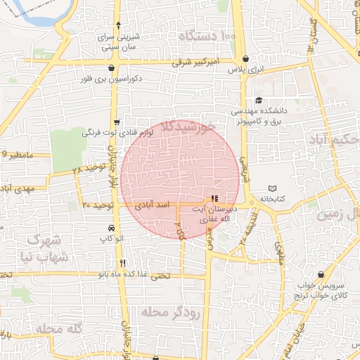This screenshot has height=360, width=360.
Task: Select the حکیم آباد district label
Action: click(x=333, y=139)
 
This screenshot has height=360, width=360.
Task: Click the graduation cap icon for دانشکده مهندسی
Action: click(x=259, y=101)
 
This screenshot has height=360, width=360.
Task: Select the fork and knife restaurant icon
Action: click(x=122, y=263)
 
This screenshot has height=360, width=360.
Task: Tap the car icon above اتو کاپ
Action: click(x=112, y=229)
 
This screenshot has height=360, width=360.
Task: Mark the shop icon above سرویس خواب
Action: click(x=321, y=274)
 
